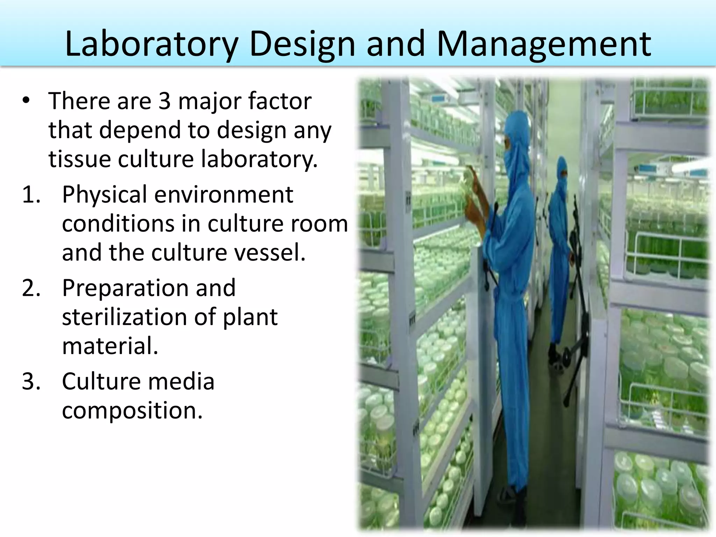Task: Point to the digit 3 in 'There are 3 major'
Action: tap(164, 101)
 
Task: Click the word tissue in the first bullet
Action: tap(80, 159)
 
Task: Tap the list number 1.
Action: tap(31, 194)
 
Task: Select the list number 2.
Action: tap(31, 288)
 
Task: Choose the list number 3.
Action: tap(31, 381)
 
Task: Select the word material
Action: tap(110, 346)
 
